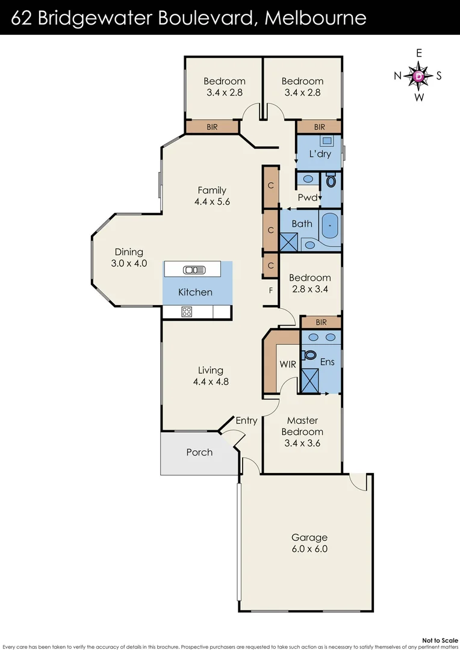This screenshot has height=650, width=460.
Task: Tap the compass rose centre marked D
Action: click(419, 76)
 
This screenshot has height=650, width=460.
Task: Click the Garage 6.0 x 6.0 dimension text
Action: click(309, 548)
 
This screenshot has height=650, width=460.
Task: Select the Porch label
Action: click(199, 452)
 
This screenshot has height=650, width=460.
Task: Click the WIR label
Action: click(287, 364)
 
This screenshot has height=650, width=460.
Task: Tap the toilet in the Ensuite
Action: click(310, 354)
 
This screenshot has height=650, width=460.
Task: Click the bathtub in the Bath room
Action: click(331, 226)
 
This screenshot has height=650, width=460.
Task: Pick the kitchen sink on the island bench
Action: click(195, 270)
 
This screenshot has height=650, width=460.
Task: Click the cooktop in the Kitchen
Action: click(187, 311)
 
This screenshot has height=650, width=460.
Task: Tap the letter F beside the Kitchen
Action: click(271, 291)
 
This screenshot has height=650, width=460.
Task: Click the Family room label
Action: click(211, 191)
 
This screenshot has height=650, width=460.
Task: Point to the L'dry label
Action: click(319, 154)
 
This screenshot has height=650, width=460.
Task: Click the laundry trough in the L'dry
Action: click(327, 141)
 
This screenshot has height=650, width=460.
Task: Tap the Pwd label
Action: click(307, 197)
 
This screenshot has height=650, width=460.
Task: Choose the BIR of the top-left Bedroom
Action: click(212, 127)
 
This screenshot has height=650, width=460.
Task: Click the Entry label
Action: click(246, 421)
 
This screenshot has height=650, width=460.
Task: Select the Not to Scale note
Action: click(440, 640)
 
